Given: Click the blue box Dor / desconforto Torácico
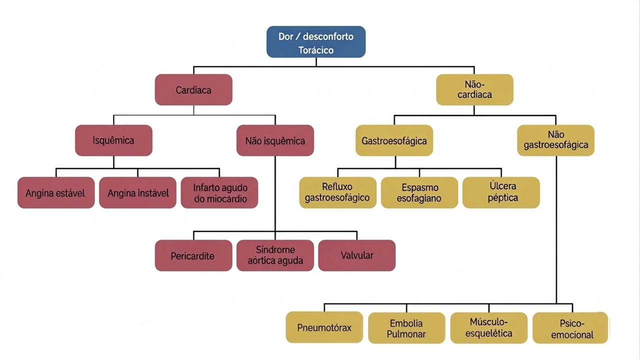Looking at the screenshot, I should coord(316,42).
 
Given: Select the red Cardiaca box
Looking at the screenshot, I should coord(193,90).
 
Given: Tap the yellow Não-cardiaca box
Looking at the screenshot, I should coord(474,90).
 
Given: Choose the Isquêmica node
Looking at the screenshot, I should coord(113,140).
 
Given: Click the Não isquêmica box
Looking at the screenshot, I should coord(275,140).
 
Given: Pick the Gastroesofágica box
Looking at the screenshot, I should coord(394,140).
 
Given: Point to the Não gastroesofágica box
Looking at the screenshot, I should coord(555,140).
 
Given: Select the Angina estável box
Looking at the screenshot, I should coord(56,192).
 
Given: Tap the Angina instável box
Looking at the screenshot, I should coord(137,192).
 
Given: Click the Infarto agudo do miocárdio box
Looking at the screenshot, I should coord(219,192).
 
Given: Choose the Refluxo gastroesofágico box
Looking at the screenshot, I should coord(337,192).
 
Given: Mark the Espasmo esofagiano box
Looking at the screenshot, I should coord(419,192).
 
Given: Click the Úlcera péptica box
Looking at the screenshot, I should coord(501,192).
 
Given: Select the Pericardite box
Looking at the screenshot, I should coord(193,255).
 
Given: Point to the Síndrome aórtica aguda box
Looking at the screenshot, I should coord(275,255).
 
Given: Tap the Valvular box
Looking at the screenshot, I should coord(356,255).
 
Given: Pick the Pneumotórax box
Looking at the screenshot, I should coord(324,328).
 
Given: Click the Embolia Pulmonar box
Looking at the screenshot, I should coord(406,328).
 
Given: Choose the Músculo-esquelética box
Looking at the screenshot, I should coord(488,328).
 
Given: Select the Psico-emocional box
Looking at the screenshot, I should coord(570,328).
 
